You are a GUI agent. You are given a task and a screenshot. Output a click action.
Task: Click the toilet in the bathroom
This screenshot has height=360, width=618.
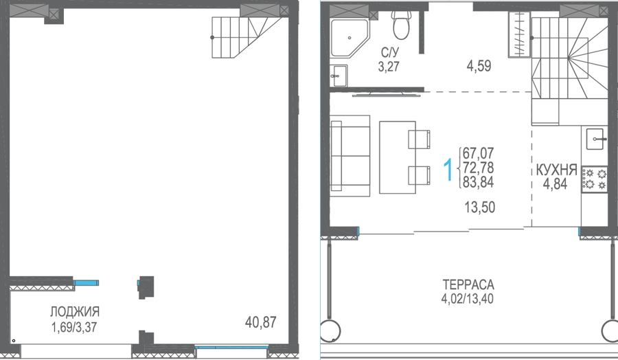click(401, 25)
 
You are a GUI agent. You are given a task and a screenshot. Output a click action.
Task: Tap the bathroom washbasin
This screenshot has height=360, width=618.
click(339, 76)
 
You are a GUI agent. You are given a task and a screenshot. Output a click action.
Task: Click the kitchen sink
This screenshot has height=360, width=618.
click(595, 139)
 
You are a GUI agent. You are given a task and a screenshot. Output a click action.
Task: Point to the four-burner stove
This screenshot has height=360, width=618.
click(595, 179)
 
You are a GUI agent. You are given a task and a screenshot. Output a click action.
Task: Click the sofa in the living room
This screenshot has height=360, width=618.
click(350, 156)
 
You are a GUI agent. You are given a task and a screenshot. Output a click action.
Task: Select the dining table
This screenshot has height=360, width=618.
click(398, 157)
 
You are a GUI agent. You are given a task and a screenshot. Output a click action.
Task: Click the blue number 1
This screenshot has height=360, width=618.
click(448, 169)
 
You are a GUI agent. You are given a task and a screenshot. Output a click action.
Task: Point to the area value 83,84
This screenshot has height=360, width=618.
click(478, 182)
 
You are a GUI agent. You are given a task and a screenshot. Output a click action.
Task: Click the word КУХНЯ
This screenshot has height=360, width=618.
click(556, 170)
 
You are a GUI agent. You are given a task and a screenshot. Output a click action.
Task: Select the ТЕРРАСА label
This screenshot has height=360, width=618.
click(468, 284)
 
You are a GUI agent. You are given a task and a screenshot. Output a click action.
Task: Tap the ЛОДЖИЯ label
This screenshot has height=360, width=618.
click(74, 311)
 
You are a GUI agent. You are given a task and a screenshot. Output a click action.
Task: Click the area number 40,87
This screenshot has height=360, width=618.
click(260, 322)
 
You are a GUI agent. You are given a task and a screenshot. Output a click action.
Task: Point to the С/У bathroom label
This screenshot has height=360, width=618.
click(390, 52)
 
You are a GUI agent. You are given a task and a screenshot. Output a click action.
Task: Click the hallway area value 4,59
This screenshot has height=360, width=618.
click(479, 66)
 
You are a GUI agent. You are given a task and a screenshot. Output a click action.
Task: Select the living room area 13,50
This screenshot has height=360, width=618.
click(480, 207)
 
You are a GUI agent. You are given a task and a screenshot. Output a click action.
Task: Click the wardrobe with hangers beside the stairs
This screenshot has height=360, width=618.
click(519, 34)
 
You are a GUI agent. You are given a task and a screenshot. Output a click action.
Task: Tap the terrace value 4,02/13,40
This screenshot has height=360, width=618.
click(467, 298)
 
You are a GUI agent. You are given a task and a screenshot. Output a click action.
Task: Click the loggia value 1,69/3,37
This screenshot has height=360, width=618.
click(74, 327)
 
